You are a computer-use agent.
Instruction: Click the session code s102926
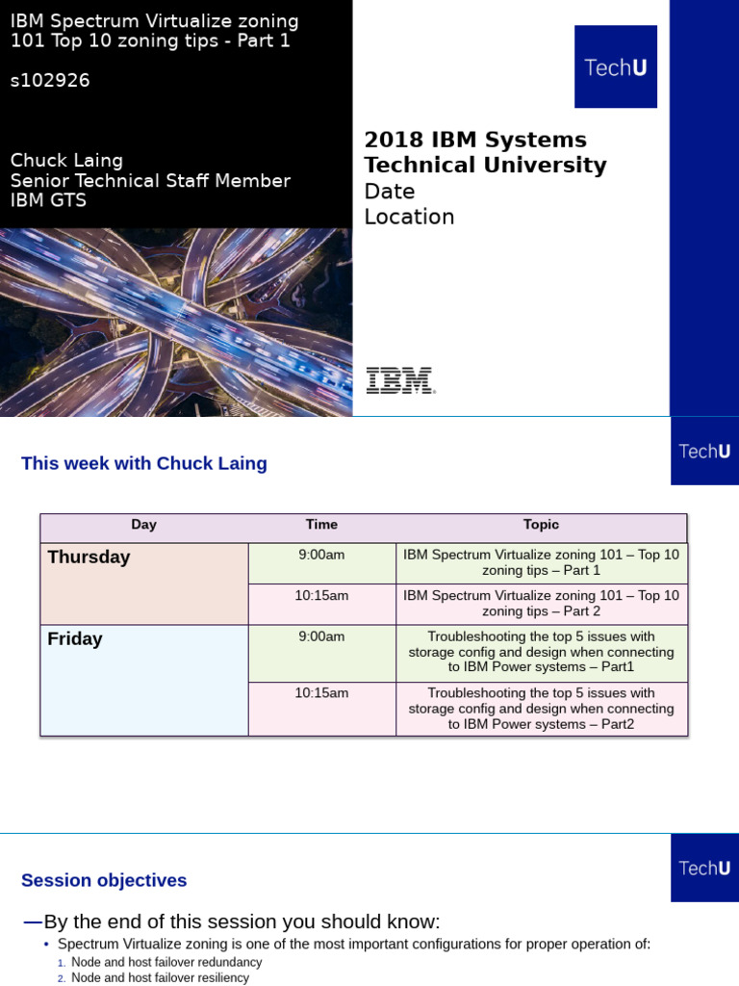[x=50, y=81]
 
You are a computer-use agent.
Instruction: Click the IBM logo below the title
[x=400, y=380]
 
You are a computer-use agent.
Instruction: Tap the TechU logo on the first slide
[x=616, y=67]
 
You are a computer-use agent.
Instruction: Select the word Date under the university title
[x=390, y=191]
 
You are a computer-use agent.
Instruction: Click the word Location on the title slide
[x=409, y=217]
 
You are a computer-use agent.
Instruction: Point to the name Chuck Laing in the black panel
[x=66, y=160]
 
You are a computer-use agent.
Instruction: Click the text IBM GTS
[x=48, y=200]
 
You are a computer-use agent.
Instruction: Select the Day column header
[x=144, y=525]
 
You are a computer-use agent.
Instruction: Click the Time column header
[x=321, y=525]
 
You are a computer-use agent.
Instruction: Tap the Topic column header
[x=541, y=525]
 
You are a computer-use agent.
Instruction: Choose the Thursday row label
[x=89, y=558]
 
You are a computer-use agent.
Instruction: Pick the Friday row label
[x=75, y=639]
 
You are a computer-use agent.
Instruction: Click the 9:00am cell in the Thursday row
[x=321, y=555]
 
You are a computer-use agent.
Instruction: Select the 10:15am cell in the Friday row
[x=321, y=693]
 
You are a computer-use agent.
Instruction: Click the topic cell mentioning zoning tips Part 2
[x=541, y=604]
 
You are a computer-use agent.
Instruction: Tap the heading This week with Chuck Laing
[x=144, y=464]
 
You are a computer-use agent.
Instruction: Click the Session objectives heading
[x=104, y=881]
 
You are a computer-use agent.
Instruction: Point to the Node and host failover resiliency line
[x=160, y=978]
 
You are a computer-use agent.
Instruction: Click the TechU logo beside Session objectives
[x=704, y=868]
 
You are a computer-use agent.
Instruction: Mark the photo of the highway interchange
[x=175, y=322]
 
